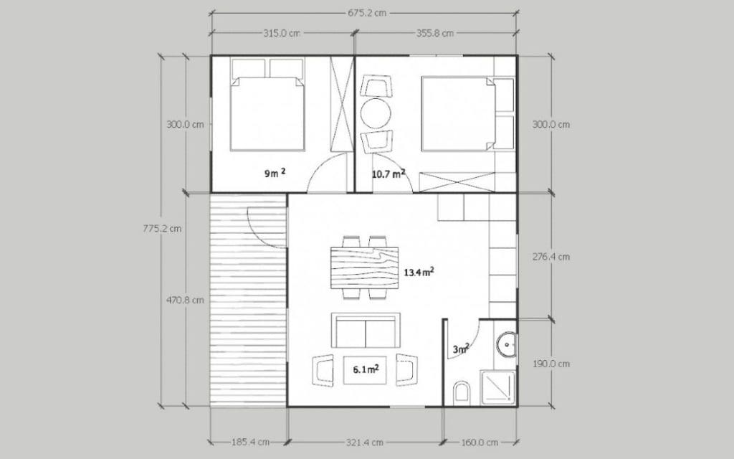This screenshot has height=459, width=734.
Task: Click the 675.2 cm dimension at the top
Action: coord(367,13)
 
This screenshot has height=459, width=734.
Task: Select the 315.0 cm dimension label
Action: coord(281,33)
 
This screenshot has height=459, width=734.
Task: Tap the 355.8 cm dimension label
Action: coord(435,33)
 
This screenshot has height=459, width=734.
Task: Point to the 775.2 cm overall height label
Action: coord(162,229)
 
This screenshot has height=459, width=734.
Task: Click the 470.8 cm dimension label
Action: coord(185,301)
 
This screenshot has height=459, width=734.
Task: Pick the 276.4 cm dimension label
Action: coord(551,257)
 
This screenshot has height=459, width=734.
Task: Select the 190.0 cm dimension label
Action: coord(551,364)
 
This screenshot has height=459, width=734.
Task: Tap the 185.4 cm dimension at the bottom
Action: coord(250,442)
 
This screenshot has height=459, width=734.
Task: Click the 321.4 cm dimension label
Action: coord(365,442)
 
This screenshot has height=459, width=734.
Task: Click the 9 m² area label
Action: coord(275,174)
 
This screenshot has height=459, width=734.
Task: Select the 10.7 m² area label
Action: coord(389,174)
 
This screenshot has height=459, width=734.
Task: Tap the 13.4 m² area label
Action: coord(419,272)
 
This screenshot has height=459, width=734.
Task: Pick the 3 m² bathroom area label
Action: coord(461,349)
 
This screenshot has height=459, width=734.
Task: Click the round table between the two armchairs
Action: coord(376,112)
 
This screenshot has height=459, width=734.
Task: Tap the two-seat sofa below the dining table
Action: coord(366,330)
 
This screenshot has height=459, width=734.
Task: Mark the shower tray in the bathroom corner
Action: coord(498,387)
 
